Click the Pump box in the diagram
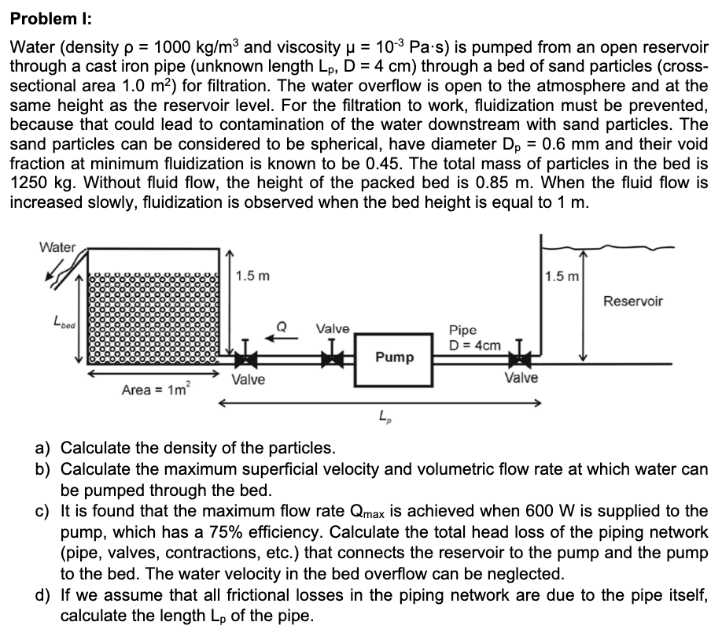pos(394,357)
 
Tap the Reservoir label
pos(633,301)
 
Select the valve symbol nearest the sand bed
pos(247,361)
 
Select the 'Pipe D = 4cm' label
pos(474,338)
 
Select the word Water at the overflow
pos(58,247)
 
